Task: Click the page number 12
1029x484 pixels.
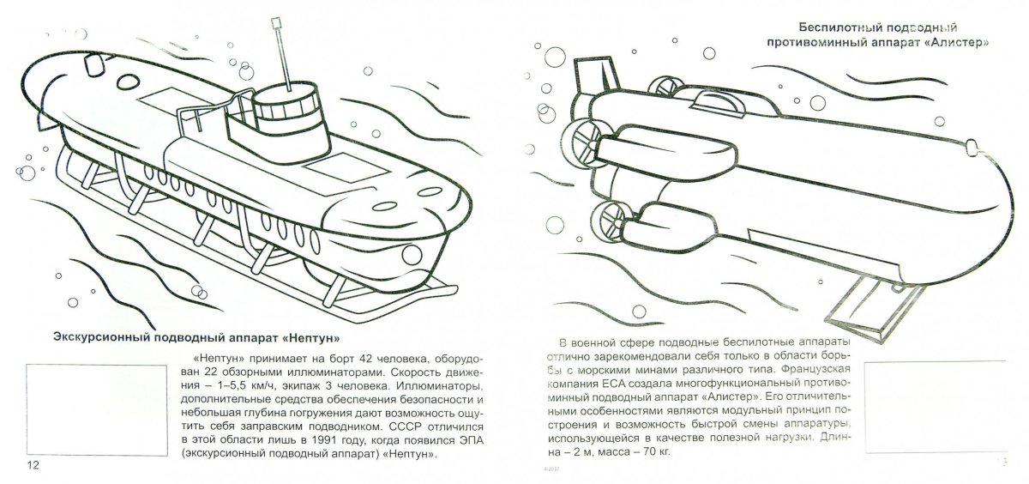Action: [x=33, y=465]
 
